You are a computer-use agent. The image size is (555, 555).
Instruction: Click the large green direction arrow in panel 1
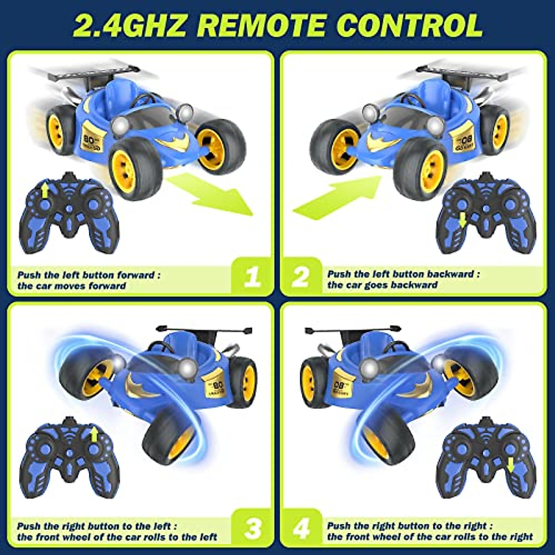213,192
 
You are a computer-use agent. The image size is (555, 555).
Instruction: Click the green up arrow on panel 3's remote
94,435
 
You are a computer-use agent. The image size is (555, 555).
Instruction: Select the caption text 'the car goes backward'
382,285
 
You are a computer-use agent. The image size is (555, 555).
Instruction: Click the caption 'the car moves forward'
72,286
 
